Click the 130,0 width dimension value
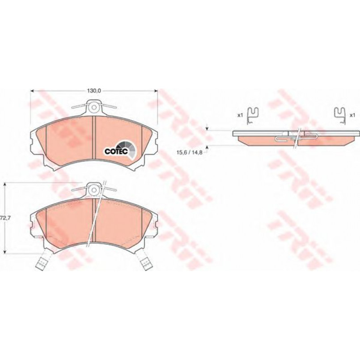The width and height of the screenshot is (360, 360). (x=94, y=91)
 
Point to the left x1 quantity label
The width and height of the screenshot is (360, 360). (x=240, y=115)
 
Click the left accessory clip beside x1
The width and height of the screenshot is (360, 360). (x=253, y=116)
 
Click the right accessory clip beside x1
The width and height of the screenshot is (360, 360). (x=340, y=116)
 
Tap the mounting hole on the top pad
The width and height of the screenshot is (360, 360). (x=93, y=107)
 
